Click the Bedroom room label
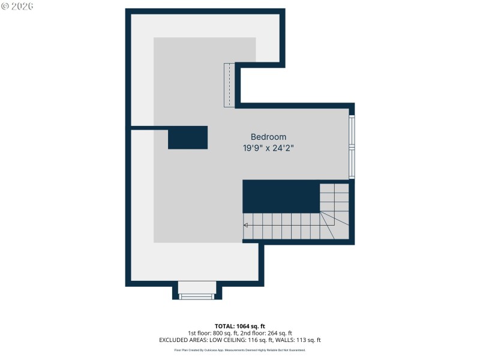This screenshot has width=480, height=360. (268, 137)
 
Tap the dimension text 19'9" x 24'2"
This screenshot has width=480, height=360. (268, 148)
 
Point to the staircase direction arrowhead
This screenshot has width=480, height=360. (246, 225)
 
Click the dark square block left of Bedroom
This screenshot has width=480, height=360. (188, 137)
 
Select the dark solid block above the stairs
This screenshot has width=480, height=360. (281, 196)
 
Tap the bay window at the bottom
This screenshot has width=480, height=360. (197, 295)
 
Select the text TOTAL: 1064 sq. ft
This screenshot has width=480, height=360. (240, 326)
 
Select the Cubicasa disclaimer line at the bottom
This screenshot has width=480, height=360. (240, 350)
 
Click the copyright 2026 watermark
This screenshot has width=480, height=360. (17, 6)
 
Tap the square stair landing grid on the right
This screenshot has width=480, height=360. (334, 197)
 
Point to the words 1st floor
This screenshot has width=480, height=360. (200, 333)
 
